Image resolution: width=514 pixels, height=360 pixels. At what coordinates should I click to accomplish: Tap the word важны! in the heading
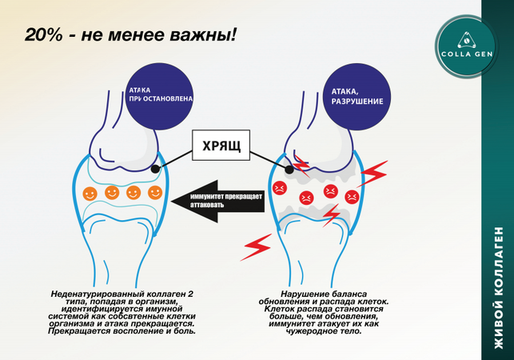point(206,37)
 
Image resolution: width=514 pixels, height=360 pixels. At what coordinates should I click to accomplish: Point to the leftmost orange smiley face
point(90,193)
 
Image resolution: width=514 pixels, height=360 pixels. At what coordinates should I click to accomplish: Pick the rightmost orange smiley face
point(155,192)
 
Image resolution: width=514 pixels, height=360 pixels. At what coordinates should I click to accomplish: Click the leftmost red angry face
point(280,189)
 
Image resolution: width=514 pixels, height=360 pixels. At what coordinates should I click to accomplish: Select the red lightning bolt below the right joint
point(257,245)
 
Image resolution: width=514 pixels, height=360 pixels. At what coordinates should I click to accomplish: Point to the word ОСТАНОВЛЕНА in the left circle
point(169,102)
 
